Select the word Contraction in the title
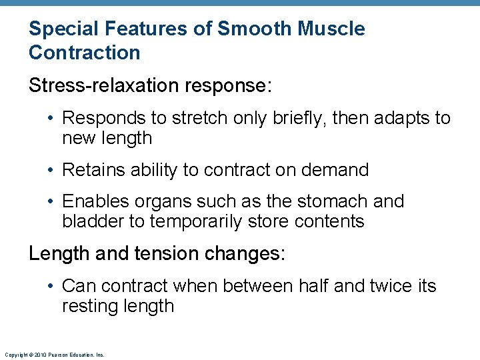85,53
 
